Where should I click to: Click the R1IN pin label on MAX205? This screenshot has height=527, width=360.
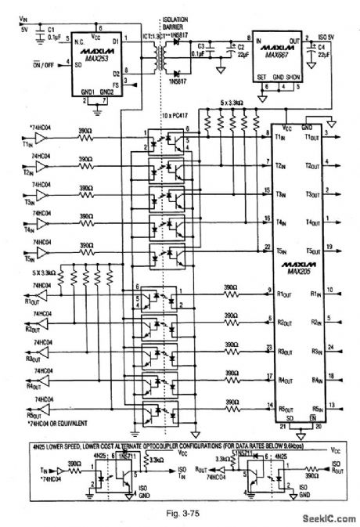tap(316, 294)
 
